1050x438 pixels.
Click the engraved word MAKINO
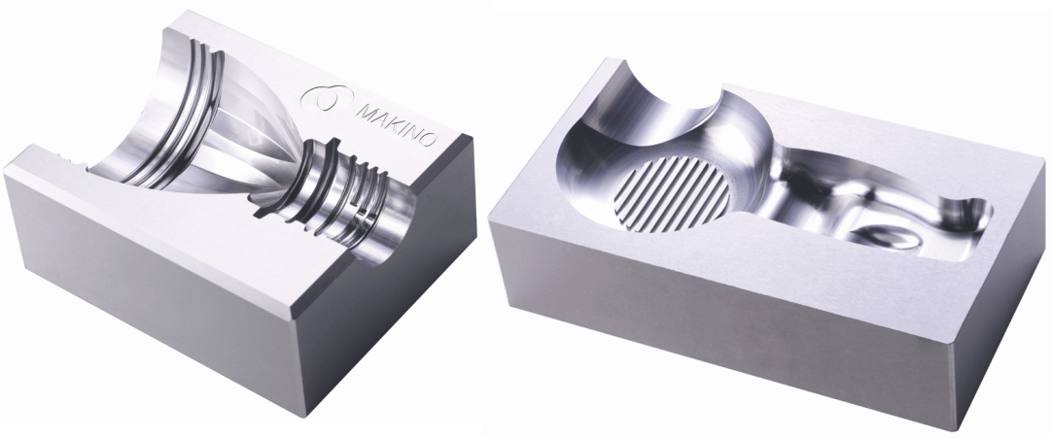(397, 124)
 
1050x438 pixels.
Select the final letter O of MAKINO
(429, 140)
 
